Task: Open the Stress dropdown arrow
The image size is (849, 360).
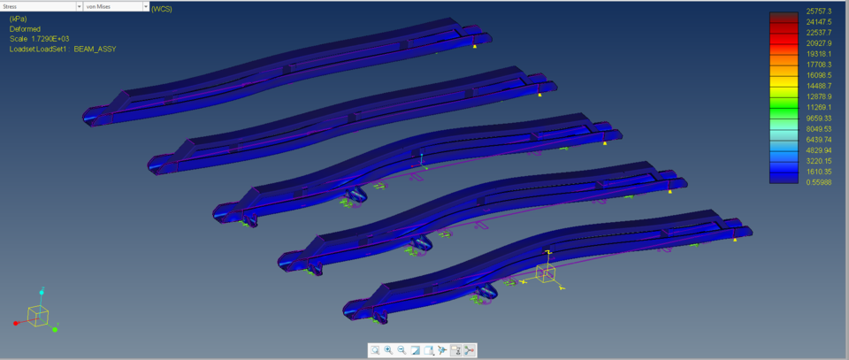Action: click(x=75, y=6)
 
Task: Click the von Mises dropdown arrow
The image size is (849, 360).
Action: click(x=145, y=6)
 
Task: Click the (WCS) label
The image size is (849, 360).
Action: click(x=162, y=8)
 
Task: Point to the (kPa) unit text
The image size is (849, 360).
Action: click(x=19, y=19)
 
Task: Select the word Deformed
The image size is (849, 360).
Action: click(x=25, y=28)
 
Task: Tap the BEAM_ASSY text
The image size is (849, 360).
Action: click(x=95, y=49)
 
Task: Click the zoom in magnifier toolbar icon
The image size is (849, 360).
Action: click(x=388, y=350)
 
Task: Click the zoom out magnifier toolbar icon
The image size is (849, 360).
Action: click(x=402, y=350)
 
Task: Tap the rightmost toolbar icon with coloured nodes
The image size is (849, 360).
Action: click(x=470, y=350)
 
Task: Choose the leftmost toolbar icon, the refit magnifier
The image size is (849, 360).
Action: click(x=375, y=350)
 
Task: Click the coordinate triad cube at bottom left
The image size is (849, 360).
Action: click(x=38, y=314)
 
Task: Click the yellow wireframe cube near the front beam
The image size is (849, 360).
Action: click(x=546, y=273)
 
